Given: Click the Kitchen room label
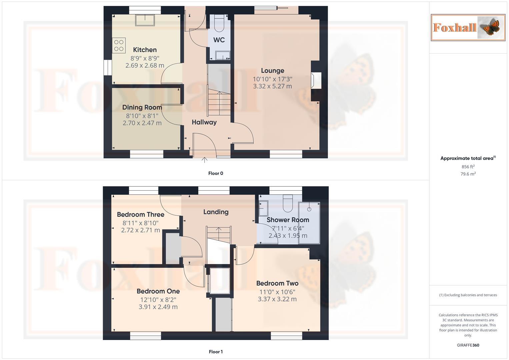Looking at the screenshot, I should tap(145, 50).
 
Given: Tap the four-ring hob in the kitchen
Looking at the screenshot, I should tap(119, 46).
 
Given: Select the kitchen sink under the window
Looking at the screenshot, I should tap(145, 20).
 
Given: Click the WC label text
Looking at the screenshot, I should tap(219, 40).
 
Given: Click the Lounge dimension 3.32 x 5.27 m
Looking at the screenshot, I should tap(272, 86).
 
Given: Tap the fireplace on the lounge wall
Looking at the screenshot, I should tap(315, 81).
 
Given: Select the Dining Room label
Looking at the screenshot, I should tap(142, 107).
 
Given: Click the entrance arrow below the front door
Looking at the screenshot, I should tap(204, 160).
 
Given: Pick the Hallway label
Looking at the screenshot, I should tap(204, 122).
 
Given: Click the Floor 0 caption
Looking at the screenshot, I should tap(216, 173).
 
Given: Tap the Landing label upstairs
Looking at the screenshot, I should tap(216, 212).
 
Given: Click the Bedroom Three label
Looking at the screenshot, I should tap(140, 215).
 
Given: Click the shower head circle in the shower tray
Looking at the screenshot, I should tap(309, 209).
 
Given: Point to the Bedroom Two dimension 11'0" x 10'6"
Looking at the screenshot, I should tap(277, 292).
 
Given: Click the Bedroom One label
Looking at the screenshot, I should tap(158, 291).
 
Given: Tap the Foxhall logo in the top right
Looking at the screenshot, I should tap(468, 28).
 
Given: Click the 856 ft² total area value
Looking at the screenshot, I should tap(468, 167).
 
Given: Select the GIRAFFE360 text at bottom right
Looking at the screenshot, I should tap(468, 345).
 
